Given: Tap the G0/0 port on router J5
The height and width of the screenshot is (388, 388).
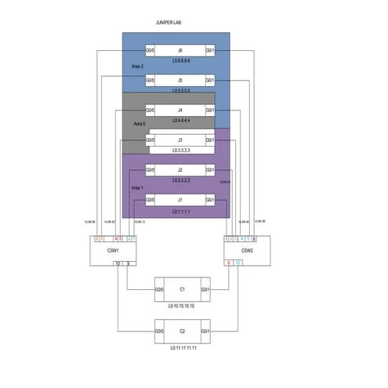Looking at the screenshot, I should pyautogui.click(x=150, y=80).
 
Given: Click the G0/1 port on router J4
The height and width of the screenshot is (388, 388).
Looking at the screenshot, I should pyautogui.click(x=209, y=111).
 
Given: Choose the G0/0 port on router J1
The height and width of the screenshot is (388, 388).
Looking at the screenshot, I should pyautogui.click(x=150, y=200).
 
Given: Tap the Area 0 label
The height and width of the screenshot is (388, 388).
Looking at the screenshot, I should pyautogui.click(x=140, y=124).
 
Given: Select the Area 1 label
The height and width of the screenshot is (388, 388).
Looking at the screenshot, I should pyautogui.click(x=137, y=188).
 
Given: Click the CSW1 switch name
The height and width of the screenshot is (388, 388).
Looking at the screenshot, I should pyautogui.click(x=113, y=251).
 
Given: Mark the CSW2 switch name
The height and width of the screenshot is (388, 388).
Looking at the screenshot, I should pyautogui.click(x=247, y=251).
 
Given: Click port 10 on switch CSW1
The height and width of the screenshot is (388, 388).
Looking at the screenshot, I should pyautogui.click(x=118, y=263).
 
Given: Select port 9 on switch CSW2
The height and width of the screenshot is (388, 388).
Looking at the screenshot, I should pyautogui.click(x=229, y=263).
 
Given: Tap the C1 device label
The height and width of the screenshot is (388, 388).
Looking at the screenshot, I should pyautogui.click(x=182, y=289).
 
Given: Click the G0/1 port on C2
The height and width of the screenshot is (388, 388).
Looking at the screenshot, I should pyautogui.click(x=205, y=332).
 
